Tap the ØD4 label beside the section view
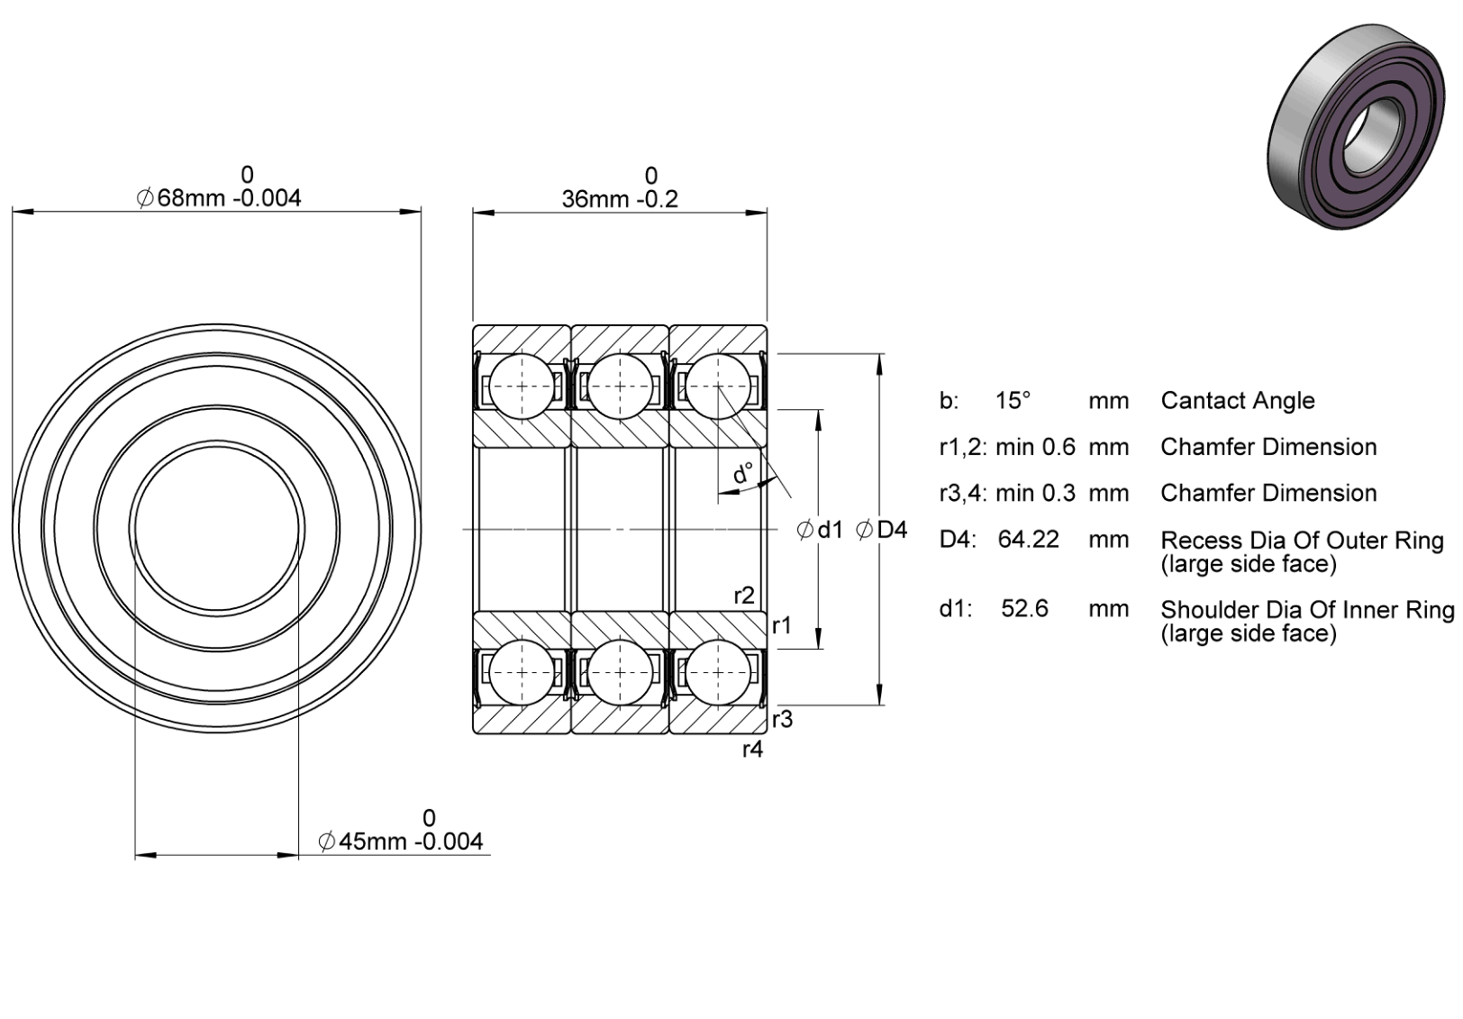coord(881,530)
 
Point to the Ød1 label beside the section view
coord(820,530)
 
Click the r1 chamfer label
coord(782,626)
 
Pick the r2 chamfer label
coord(744,596)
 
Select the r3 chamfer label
coord(783,719)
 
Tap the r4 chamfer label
coord(752,750)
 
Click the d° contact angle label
coord(743,473)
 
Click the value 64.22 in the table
coord(1029,540)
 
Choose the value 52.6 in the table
coord(1025,609)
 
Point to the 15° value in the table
coord(1013,400)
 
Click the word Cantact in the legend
coord(1203,400)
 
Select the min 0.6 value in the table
coord(1035,447)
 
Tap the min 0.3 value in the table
coord(1035,493)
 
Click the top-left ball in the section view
coord(522,387)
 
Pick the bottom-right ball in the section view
coord(718,672)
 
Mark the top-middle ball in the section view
coord(620,387)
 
